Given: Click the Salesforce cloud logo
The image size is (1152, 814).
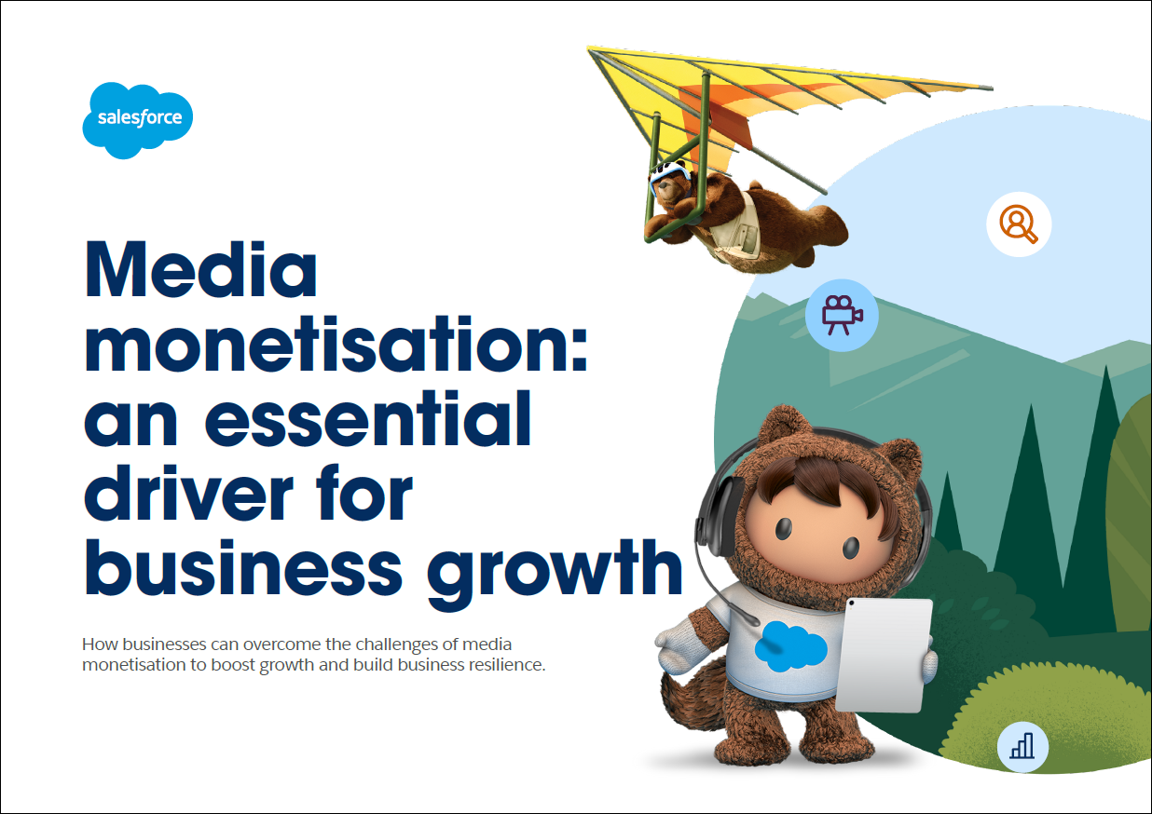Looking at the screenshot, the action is (137, 120).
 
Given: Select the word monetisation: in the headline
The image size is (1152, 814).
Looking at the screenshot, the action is (336, 344).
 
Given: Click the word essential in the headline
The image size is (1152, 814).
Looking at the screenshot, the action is (368, 418).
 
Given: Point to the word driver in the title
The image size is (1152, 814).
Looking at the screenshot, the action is (189, 493).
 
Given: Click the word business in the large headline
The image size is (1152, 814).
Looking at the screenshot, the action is (244, 567).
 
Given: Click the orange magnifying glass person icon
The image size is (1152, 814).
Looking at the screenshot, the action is (1019, 224).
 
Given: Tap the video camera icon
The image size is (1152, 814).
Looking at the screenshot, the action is (842, 315).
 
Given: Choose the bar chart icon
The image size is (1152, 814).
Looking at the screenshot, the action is (1022, 746).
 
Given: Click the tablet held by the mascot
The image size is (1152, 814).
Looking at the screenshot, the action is (884, 657).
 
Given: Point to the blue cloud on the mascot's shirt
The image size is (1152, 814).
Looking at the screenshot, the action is (790, 646).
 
